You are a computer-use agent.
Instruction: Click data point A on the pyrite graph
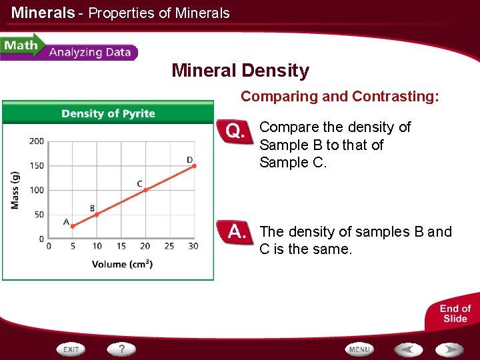(x=73, y=227)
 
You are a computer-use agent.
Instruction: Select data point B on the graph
(x=97, y=214)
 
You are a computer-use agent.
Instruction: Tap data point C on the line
(x=145, y=190)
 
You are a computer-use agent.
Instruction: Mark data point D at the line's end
(x=194, y=166)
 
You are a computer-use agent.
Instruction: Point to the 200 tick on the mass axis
(x=37, y=141)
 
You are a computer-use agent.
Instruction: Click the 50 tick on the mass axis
(x=39, y=215)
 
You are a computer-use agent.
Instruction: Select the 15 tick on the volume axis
(x=121, y=246)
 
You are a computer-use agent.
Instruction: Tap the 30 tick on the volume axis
(x=193, y=246)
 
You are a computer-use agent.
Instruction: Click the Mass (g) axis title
(x=15, y=190)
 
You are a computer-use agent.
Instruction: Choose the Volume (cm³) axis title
(x=122, y=264)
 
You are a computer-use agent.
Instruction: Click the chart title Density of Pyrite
(x=108, y=113)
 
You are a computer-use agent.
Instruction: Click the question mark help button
(x=121, y=349)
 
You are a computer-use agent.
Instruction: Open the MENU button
(x=359, y=349)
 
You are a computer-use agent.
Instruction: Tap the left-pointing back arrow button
(x=408, y=349)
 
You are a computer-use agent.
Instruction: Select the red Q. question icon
(x=235, y=131)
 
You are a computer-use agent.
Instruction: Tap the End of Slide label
(x=455, y=313)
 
